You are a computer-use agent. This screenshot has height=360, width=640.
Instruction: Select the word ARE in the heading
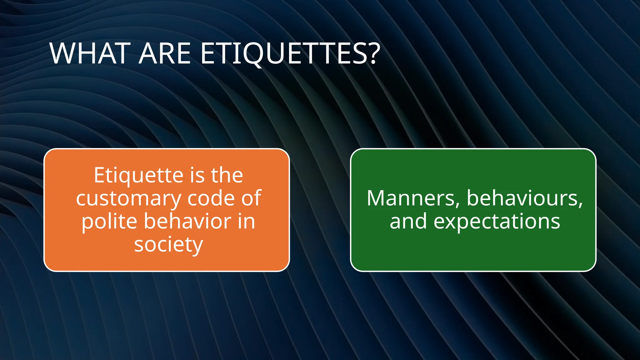tap(164, 54)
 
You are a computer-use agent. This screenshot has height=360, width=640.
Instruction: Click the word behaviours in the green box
tap(522, 198)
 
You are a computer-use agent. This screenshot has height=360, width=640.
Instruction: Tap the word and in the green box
tap(408, 221)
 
